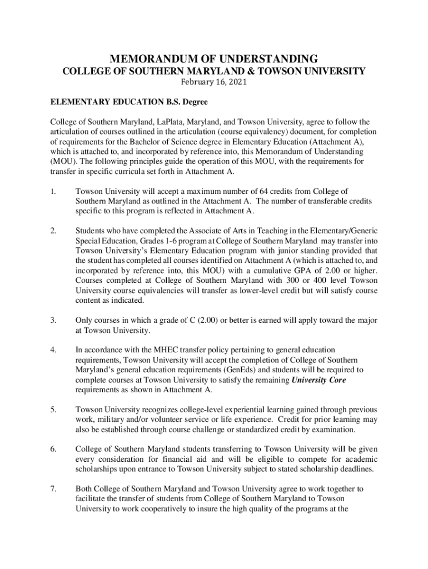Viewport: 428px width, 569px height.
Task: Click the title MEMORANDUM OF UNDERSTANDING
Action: (x=214, y=58)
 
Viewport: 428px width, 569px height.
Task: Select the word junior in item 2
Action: (x=303, y=250)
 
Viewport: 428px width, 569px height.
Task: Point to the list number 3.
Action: (x=53, y=321)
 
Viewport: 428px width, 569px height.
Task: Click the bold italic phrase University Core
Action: (x=316, y=380)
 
